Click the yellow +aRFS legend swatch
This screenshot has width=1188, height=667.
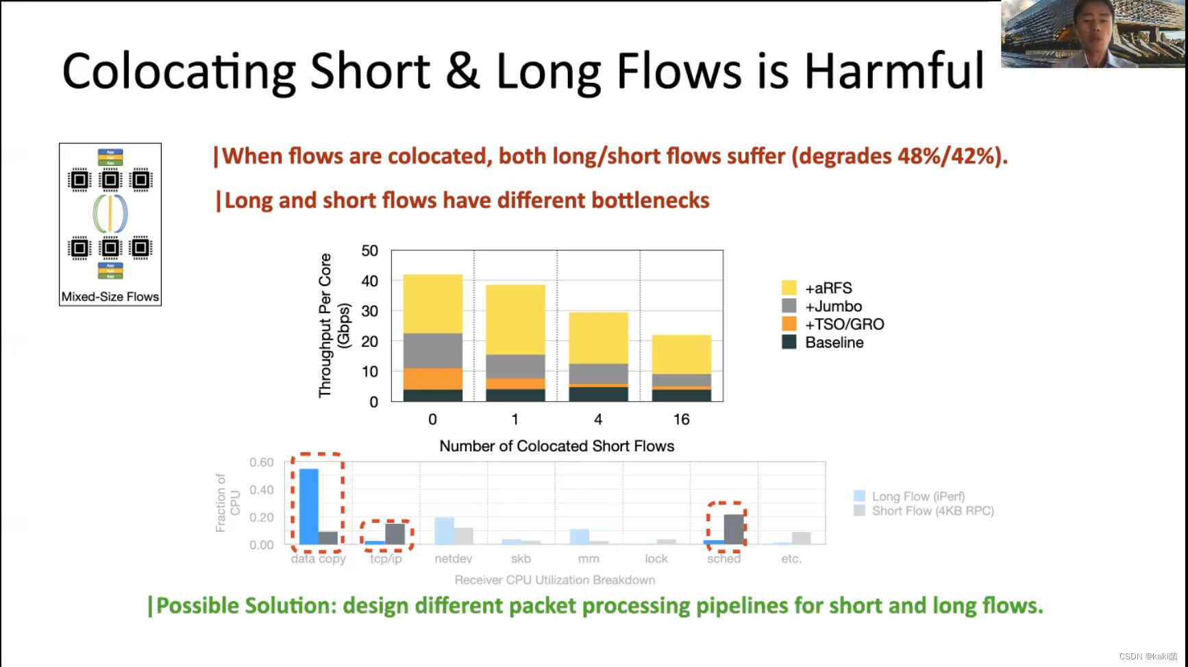click(x=789, y=288)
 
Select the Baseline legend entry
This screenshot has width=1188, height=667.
click(x=834, y=342)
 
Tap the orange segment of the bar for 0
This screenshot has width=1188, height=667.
click(x=432, y=378)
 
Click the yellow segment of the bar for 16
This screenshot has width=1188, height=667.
click(x=681, y=354)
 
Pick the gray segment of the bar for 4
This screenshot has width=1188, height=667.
click(x=598, y=374)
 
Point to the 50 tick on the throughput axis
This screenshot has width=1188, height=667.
click(x=369, y=251)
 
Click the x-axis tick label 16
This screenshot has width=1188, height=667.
click(x=681, y=420)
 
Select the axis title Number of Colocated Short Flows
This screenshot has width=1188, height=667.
click(x=556, y=446)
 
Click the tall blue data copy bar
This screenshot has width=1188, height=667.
click(x=308, y=506)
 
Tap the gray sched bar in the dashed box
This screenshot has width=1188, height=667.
click(x=734, y=529)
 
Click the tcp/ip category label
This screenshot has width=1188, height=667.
click(x=386, y=559)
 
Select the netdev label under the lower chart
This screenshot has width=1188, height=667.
click(x=453, y=559)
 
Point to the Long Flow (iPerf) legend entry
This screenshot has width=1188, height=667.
click(x=917, y=496)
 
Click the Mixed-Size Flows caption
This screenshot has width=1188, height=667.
click(x=110, y=297)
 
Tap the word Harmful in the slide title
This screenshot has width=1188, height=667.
click(x=893, y=71)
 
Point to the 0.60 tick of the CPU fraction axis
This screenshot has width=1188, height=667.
click(x=261, y=463)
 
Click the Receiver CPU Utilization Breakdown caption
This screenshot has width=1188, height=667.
click(x=554, y=580)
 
